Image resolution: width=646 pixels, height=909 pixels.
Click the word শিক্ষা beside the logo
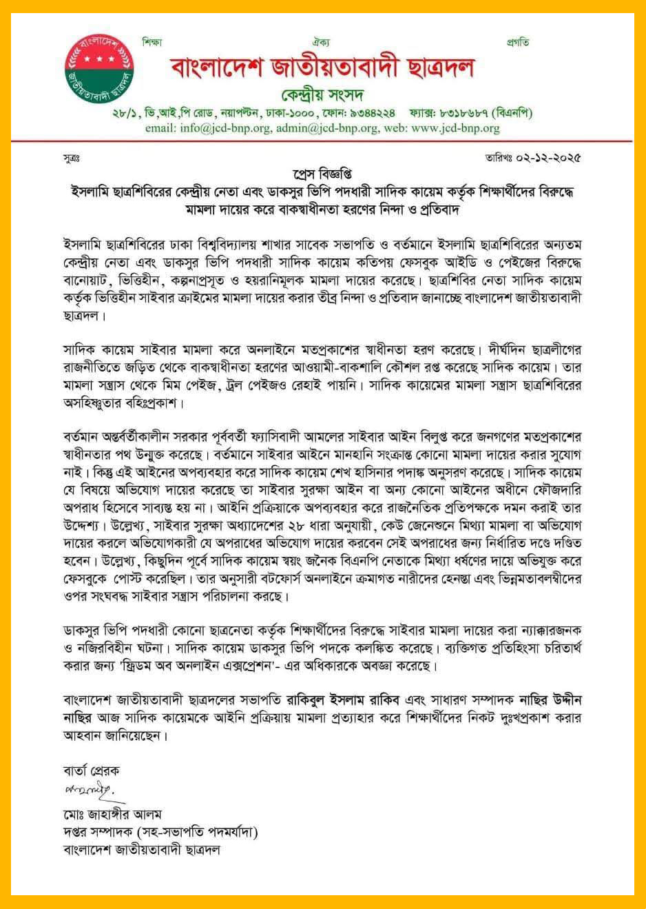(x=152, y=42)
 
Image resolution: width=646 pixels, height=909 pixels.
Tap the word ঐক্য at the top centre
(x=321, y=42)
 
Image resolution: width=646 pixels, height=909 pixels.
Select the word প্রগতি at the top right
(x=517, y=42)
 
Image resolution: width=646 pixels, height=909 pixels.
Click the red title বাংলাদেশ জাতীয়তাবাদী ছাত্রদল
(x=322, y=68)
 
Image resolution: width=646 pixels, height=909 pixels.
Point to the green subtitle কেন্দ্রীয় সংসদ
(x=322, y=94)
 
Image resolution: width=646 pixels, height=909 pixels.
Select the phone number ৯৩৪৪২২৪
(x=372, y=113)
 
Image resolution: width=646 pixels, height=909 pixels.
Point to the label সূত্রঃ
(x=72, y=159)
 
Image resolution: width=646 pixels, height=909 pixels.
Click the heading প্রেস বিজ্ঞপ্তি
(x=322, y=173)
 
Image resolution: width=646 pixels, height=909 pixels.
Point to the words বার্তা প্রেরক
(x=91, y=770)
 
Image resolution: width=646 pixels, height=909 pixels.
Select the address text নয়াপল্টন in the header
(x=239, y=113)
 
